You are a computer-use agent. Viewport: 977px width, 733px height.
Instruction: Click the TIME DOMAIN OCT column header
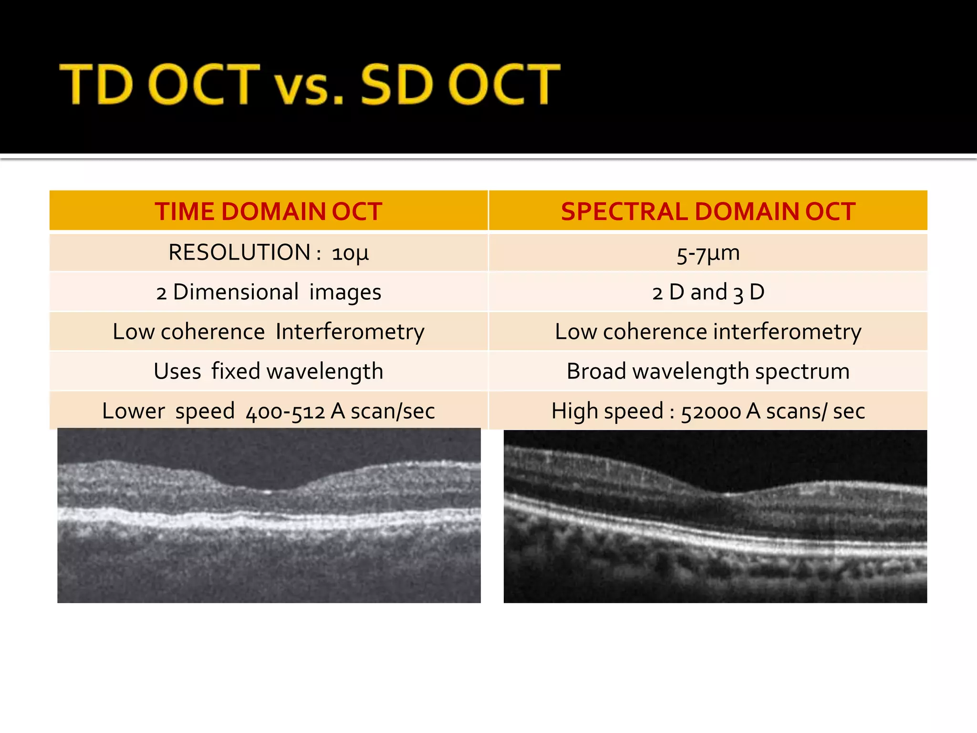tap(269, 211)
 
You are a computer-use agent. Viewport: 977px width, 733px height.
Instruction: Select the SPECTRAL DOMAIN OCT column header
tap(708, 211)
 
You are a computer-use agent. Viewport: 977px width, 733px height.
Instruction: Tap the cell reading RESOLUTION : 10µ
tap(269, 252)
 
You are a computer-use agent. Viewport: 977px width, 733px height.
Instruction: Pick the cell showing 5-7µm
tap(708, 253)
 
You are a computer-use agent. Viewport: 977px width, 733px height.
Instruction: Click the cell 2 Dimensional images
tap(269, 292)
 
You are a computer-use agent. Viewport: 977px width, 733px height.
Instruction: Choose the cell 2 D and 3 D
tap(708, 292)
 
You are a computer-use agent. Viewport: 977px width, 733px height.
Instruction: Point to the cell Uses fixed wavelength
tap(269, 371)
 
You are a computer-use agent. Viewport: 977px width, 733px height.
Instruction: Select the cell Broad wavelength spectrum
tap(708, 371)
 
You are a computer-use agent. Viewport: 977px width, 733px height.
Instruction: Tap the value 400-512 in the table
tap(285, 411)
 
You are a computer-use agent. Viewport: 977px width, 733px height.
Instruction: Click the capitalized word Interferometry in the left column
tap(350, 332)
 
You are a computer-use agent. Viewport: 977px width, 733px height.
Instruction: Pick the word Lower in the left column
tap(133, 411)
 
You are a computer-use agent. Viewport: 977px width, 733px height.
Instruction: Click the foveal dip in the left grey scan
tap(267, 490)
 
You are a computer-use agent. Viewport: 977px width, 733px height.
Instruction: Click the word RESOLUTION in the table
tap(239, 252)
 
